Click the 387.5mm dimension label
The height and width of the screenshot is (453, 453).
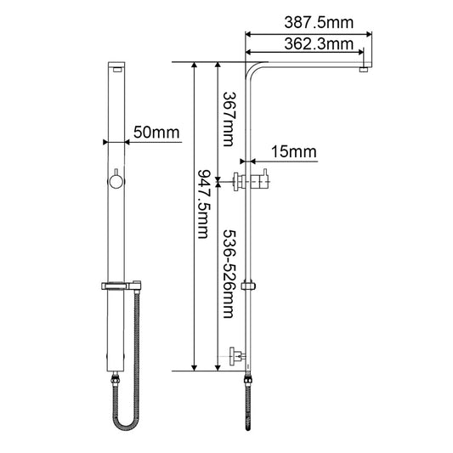(319, 23)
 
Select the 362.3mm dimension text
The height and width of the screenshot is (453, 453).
(319, 44)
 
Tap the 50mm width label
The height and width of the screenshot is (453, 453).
(156, 133)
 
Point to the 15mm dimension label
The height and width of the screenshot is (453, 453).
(294, 151)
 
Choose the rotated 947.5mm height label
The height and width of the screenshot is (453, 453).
(204, 204)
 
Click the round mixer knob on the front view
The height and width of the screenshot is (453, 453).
(116, 182)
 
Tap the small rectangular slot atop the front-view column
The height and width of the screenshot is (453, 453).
(117, 70)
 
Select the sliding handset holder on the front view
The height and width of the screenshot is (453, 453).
(122, 286)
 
